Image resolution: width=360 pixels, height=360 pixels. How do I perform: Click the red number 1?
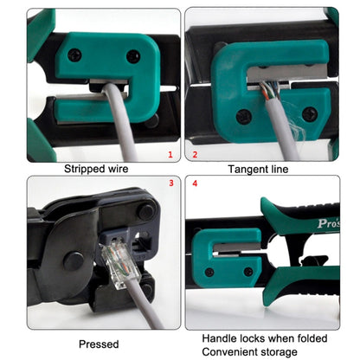pos(170,156)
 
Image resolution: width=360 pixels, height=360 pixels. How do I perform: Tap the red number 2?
pos(195,156)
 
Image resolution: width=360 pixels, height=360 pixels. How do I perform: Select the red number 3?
pos(170,183)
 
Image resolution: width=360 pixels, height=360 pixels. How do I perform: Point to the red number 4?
pos(195,183)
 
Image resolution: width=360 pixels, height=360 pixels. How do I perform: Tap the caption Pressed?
pos(98,344)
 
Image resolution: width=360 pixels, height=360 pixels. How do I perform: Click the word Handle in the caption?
pos(222,337)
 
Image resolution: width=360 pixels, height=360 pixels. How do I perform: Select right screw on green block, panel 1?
pos(132,57)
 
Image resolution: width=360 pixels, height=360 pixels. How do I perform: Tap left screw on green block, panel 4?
pos(208,272)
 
